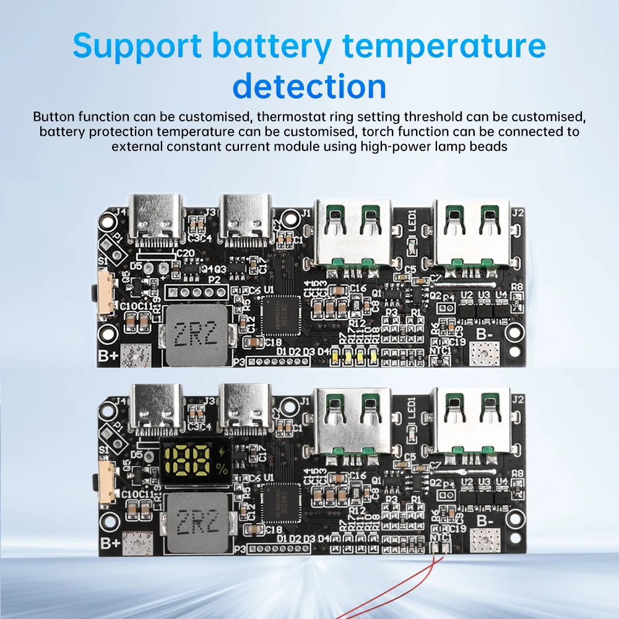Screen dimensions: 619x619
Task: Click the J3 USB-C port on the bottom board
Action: tap(246, 405)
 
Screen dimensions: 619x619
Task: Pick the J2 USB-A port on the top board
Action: tap(472, 232)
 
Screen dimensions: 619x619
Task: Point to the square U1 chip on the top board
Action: tap(280, 315)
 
